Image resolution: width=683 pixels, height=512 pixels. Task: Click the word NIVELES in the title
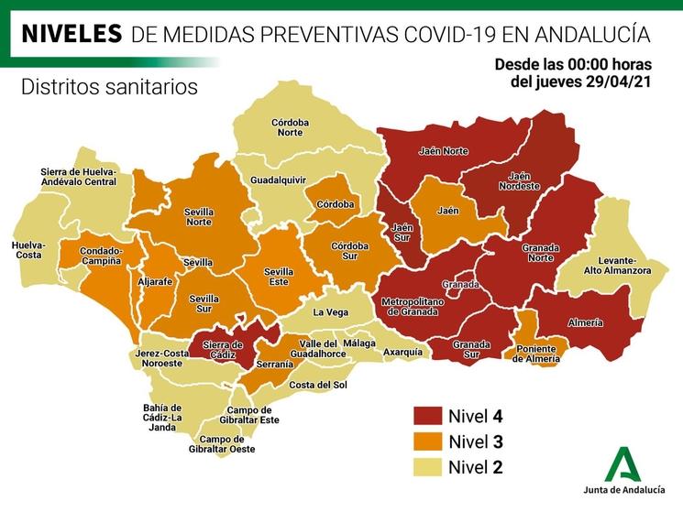[72, 34]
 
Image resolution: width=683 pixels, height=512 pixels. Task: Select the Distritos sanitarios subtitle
[108, 87]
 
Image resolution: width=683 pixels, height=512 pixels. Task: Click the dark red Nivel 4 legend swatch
[427, 415]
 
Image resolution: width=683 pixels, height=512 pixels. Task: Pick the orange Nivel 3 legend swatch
[427, 441]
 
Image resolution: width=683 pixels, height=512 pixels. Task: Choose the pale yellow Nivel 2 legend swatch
[427, 466]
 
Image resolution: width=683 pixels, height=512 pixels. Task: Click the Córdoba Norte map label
[290, 127]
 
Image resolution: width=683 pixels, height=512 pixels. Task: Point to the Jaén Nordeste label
[519, 180]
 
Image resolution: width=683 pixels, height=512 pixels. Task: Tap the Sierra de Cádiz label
[222, 350]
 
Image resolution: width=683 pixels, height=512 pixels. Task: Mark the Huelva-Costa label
[28, 250]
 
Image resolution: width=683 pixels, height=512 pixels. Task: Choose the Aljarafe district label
[155, 283]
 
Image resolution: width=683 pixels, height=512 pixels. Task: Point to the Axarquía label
[402, 352]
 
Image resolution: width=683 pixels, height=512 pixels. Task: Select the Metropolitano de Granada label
[413, 307]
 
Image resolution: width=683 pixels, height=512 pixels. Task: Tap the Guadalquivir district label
[278, 180]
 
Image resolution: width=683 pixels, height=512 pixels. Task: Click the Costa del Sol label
[318, 384]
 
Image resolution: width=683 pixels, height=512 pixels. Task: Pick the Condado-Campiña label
[101, 256]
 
